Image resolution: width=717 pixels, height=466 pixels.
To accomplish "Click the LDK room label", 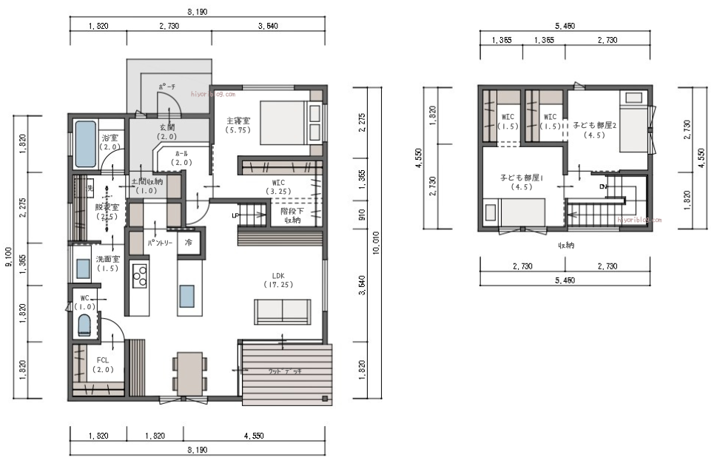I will (278, 278).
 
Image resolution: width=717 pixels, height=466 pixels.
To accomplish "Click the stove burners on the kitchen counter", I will (140, 277).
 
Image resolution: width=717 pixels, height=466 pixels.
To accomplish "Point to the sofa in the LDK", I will (283, 311).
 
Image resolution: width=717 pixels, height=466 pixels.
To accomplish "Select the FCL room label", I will (103, 364).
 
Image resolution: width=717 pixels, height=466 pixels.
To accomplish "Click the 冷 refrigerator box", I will (189, 243).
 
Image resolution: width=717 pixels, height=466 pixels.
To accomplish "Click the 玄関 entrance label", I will (167, 131).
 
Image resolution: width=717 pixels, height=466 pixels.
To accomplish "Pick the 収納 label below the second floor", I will (566, 245).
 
